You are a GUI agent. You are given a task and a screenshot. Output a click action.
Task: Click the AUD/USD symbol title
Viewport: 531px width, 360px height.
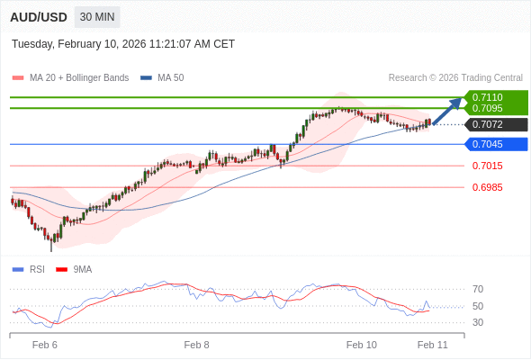(38, 17)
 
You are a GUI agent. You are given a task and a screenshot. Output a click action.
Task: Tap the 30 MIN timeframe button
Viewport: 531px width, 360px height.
(97, 17)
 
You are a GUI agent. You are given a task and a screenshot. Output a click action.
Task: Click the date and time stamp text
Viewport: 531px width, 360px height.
(123, 43)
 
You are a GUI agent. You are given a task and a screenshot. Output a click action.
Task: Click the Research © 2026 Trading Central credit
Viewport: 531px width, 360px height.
(455, 77)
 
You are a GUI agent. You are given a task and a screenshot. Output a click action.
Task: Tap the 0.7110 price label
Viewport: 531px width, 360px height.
(488, 97)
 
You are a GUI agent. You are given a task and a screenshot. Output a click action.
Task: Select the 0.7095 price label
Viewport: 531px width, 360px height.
(488, 108)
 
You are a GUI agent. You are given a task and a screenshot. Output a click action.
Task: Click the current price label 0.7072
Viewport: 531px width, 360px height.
(488, 124)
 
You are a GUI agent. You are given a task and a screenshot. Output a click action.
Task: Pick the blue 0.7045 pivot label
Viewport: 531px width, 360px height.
(488, 144)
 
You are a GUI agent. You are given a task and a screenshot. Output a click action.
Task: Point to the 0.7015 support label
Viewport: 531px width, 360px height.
(488, 166)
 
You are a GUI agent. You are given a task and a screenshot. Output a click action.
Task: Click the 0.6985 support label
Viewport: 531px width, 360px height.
(488, 187)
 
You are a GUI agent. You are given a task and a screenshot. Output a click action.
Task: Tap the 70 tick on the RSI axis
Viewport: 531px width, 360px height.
(478, 289)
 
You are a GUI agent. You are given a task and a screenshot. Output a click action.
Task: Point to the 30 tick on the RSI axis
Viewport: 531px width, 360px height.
(478, 322)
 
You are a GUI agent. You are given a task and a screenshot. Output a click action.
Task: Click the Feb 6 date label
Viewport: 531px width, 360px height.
(45, 345)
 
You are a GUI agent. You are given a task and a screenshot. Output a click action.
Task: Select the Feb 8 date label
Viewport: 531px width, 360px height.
(196, 345)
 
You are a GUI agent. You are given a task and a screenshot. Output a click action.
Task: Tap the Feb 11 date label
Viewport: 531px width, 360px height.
(433, 345)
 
